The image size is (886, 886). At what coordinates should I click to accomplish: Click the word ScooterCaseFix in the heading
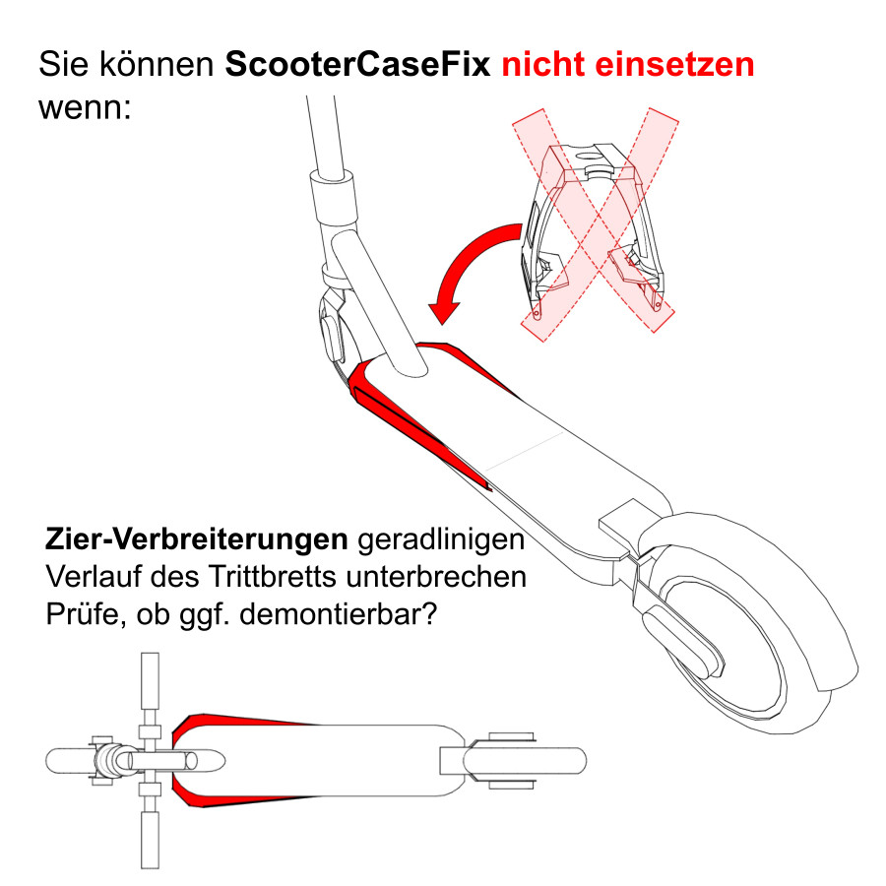[357, 64]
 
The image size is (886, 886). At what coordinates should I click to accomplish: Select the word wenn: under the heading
[85, 107]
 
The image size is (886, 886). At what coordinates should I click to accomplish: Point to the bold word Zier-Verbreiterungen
[196, 539]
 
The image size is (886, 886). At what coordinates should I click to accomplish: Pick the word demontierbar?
[339, 614]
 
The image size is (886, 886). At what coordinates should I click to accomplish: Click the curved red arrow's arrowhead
[444, 312]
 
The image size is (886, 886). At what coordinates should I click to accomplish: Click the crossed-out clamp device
[594, 226]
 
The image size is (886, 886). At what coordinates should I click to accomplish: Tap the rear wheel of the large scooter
[728, 650]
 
